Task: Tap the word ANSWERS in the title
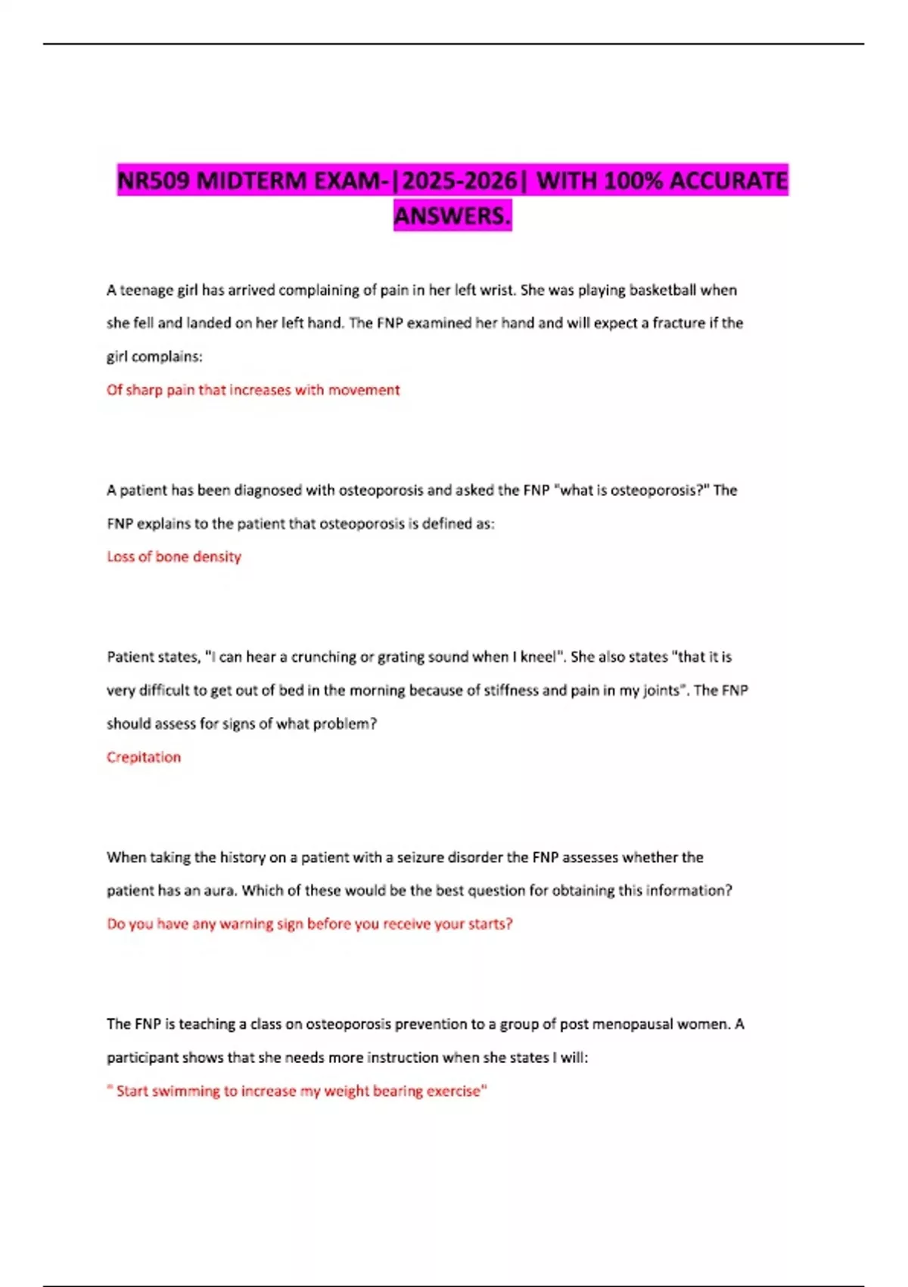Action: click(452, 217)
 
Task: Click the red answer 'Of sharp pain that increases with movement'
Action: click(253, 390)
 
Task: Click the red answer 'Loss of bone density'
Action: click(174, 557)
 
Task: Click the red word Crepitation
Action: click(144, 757)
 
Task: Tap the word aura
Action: click(219, 891)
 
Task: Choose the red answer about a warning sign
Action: click(309, 924)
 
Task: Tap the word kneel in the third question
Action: click(538, 657)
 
